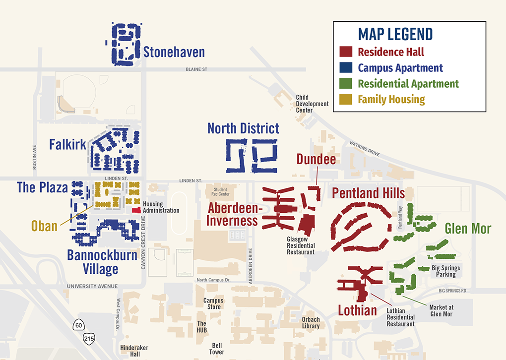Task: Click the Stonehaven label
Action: (x=174, y=53)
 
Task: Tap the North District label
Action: (x=243, y=128)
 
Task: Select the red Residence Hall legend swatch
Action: (x=346, y=52)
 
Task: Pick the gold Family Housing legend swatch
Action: (x=346, y=99)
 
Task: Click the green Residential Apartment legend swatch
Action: (x=346, y=83)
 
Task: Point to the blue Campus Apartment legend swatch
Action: (x=346, y=67)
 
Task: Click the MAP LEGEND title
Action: (x=395, y=34)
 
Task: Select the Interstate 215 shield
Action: (x=89, y=338)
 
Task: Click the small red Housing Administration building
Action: (x=135, y=210)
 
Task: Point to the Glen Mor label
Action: (x=467, y=229)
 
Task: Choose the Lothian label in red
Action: (x=357, y=311)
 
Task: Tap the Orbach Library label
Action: (x=311, y=323)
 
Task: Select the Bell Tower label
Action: (x=217, y=348)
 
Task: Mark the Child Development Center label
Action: (x=312, y=104)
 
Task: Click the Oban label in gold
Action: (x=44, y=226)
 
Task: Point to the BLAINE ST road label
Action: (x=196, y=69)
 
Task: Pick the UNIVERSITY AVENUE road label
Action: (x=92, y=286)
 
